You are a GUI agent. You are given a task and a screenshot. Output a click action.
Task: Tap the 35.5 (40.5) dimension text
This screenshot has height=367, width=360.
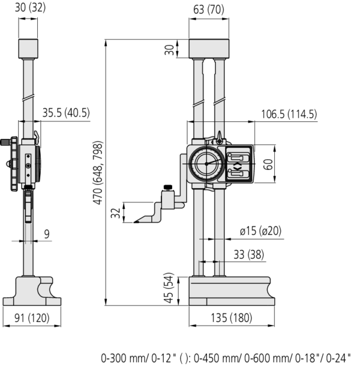click(65, 113)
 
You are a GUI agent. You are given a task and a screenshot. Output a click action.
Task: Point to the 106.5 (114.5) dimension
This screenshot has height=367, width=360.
click(289, 114)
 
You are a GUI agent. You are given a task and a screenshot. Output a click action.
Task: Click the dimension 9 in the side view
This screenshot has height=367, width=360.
click(47, 234)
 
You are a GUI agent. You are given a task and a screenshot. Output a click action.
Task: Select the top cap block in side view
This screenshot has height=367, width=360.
click(29, 48)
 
